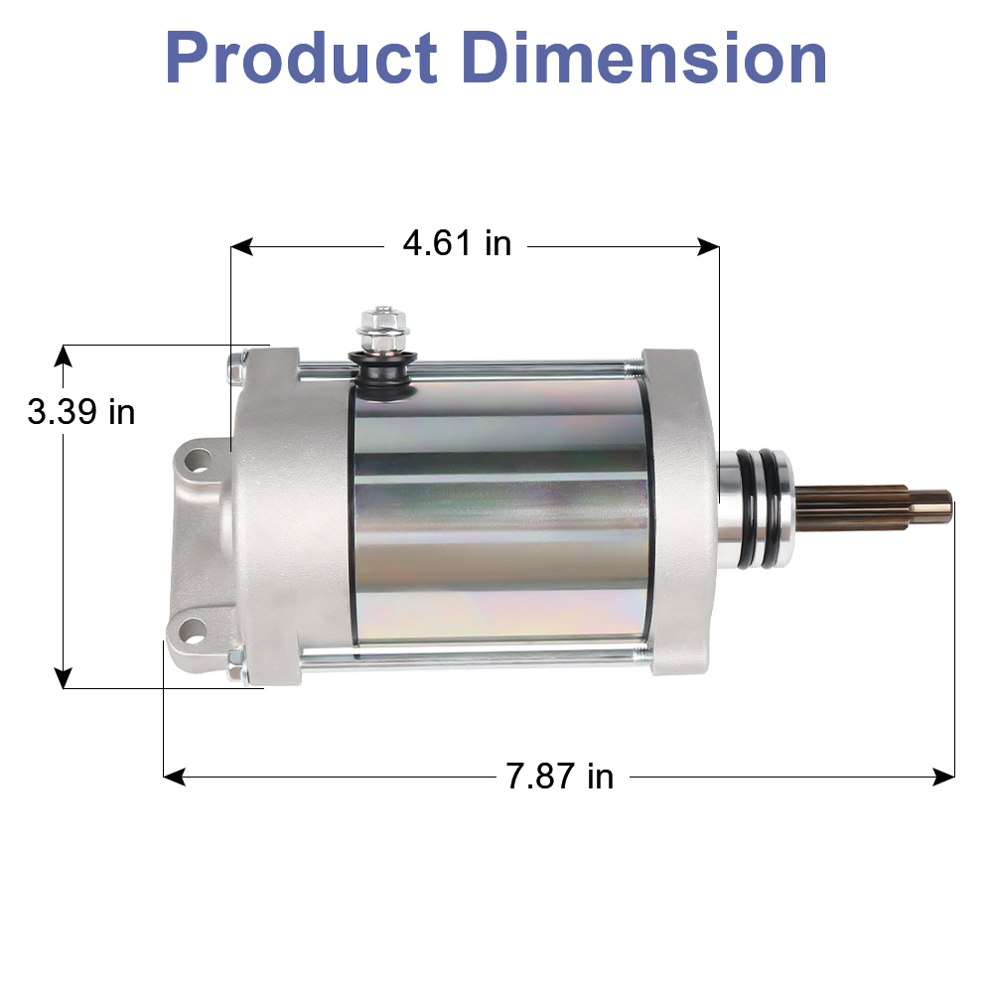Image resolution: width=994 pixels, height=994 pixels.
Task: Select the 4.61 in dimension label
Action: click(x=457, y=242)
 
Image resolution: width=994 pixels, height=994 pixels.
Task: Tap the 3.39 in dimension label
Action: click(x=81, y=411)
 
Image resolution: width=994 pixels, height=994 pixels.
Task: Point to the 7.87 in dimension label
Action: click(x=560, y=776)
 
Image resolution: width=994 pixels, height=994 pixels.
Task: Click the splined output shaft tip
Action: click(x=938, y=507)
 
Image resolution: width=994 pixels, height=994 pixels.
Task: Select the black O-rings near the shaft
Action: click(x=762, y=507)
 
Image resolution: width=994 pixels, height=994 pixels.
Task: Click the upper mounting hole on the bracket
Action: click(x=197, y=461)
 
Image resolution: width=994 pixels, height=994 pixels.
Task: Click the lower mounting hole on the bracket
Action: click(x=191, y=628)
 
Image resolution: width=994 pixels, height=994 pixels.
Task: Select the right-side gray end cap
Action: click(x=680, y=511)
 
